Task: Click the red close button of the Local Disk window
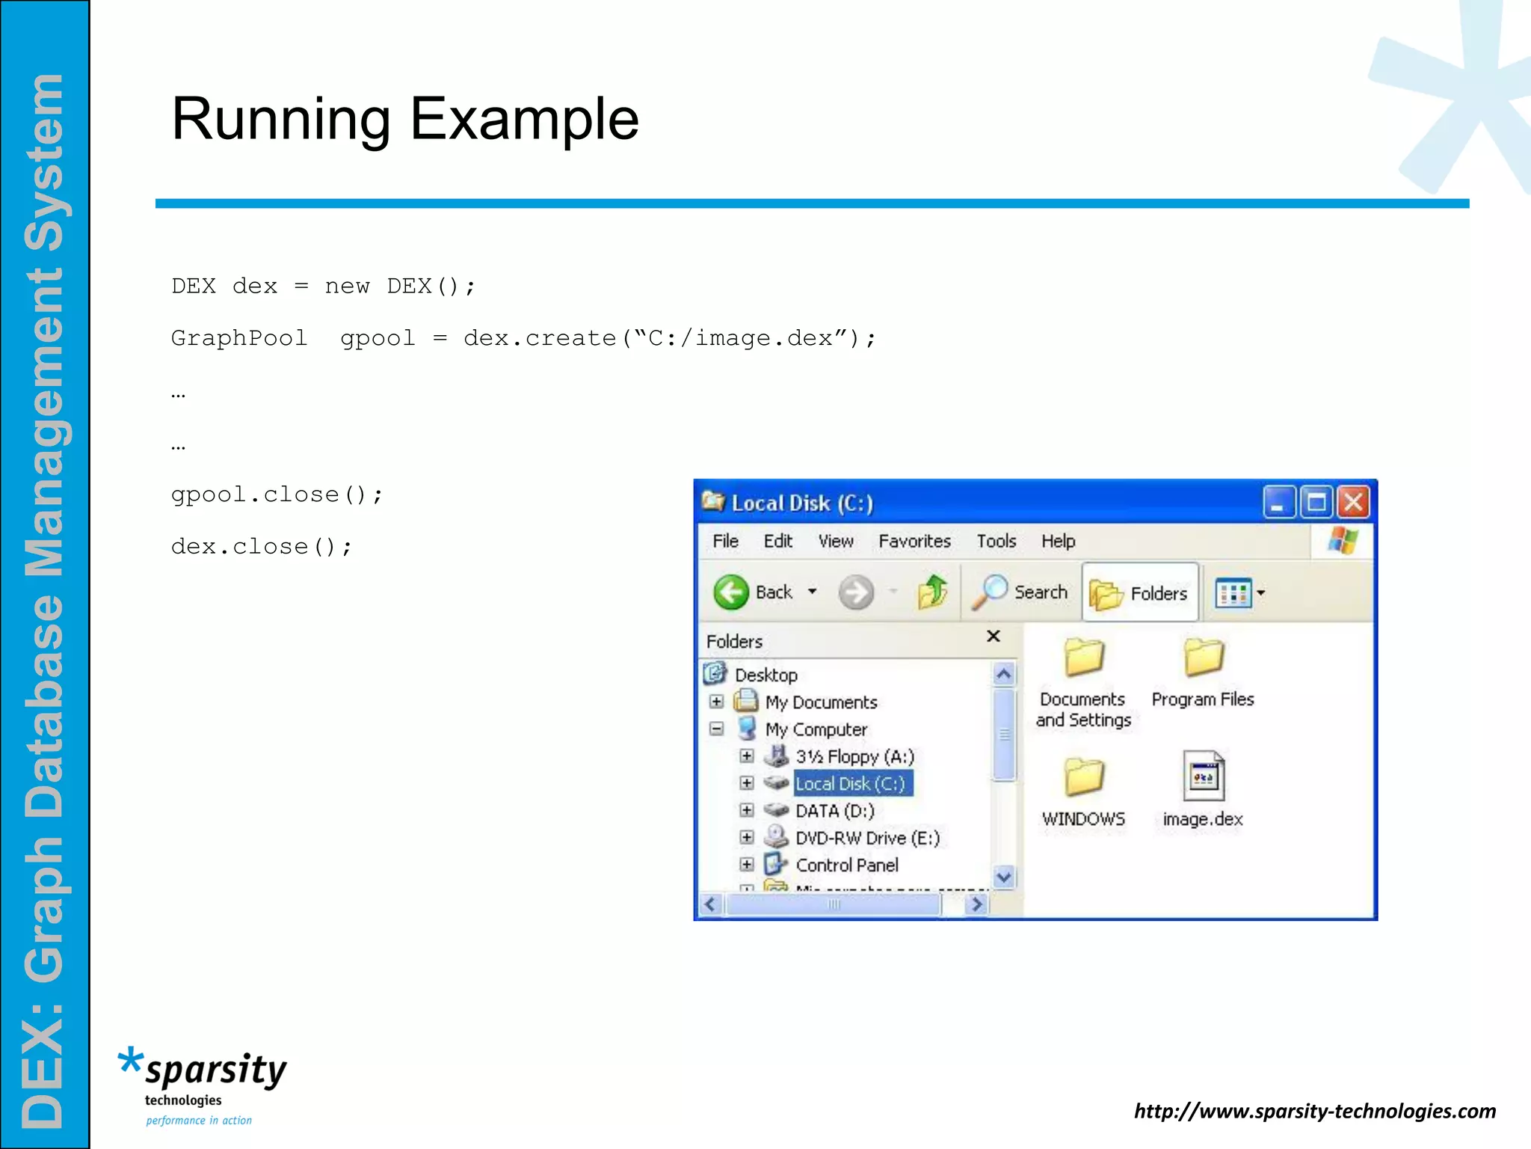(x=1353, y=503)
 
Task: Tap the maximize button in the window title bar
(x=1316, y=503)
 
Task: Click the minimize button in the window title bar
(x=1279, y=503)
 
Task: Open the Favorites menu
(x=914, y=541)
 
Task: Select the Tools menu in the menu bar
(x=996, y=541)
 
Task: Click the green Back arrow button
(x=731, y=592)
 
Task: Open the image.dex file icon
(x=1203, y=776)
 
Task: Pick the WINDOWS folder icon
(x=1083, y=776)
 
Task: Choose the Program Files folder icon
(x=1203, y=658)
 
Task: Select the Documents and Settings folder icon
(x=1083, y=658)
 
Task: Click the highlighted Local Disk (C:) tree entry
(x=850, y=784)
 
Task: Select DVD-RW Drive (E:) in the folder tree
(x=867, y=838)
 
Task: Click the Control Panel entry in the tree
(x=847, y=865)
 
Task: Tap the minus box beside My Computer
(x=716, y=729)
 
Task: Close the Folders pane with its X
(x=993, y=637)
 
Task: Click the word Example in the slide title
(x=524, y=119)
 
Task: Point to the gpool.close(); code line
(x=277, y=495)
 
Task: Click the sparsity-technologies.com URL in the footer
(x=1315, y=1111)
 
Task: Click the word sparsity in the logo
(x=216, y=1070)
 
